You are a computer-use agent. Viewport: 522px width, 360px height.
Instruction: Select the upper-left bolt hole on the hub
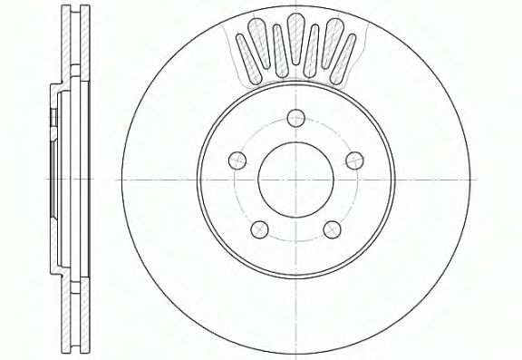click(x=238, y=158)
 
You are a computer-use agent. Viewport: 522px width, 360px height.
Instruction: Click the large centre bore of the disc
click(x=295, y=178)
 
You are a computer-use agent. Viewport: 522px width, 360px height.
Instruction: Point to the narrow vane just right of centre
click(x=315, y=51)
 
